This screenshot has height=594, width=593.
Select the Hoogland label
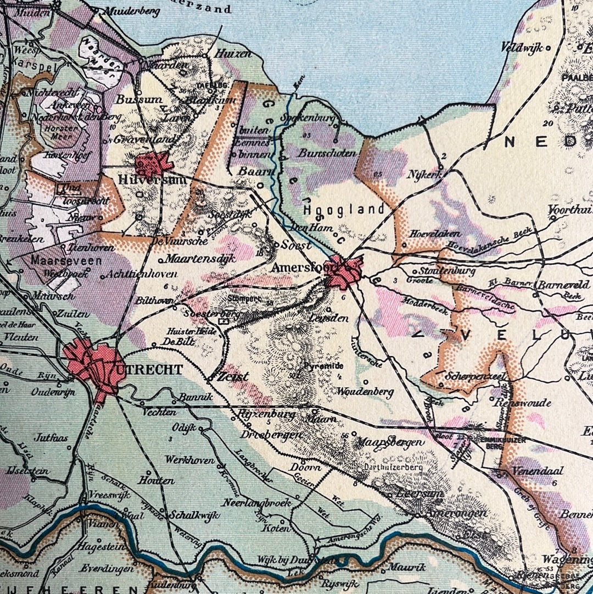coord(344,209)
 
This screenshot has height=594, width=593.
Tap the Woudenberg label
coord(365,392)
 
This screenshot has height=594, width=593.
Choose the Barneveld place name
coord(563,285)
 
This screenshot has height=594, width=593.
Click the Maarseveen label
coord(66,260)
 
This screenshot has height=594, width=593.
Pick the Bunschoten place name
coord(327,154)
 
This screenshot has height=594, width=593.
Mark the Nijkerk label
coord(424,174)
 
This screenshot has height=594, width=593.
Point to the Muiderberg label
coord(132,10)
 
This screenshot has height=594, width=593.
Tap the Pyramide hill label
coord(327,365)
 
